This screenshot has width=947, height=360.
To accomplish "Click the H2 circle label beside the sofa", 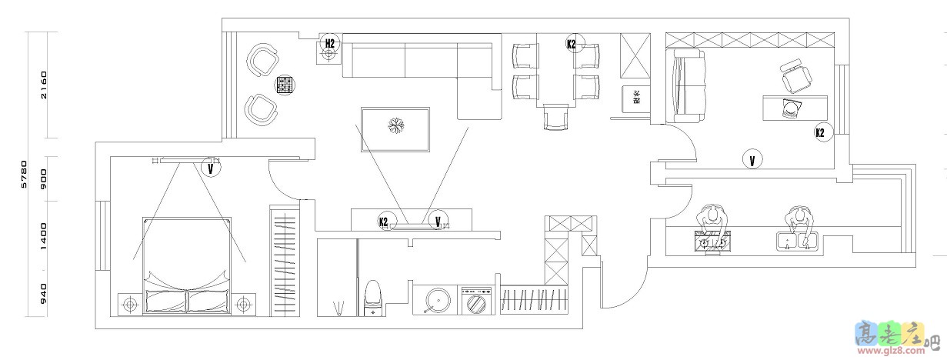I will tap(329, 44).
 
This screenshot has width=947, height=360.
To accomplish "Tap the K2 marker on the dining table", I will tap(572, 44).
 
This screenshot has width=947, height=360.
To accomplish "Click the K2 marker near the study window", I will tap(820, 132).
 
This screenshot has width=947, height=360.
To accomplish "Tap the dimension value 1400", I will tap(44, 235).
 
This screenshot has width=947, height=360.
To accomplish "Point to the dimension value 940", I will tap(44, 293).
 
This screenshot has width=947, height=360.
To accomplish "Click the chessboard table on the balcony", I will tap(284, 84).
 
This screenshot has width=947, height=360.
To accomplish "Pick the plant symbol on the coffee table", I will tap(395, 126).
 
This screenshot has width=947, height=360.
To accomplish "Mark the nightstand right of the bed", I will tap(244, 305).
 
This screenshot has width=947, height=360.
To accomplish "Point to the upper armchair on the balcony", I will tap(263, 61).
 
